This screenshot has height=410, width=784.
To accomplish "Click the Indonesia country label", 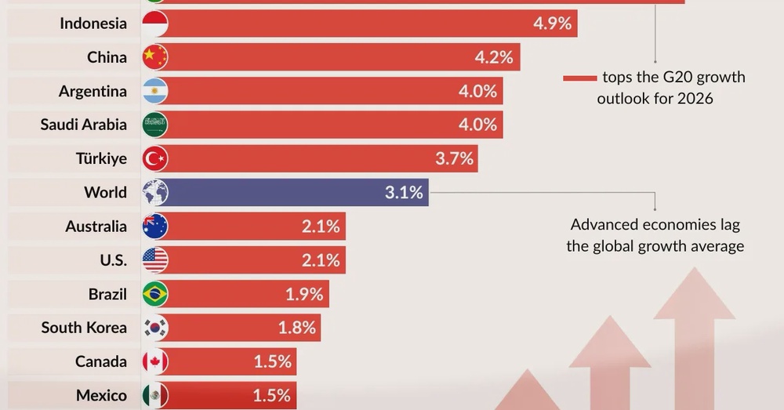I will click(x=93, y=24).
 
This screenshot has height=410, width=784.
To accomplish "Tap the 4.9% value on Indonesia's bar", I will click(x=552, y=24).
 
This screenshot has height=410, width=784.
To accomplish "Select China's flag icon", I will click(x=155, y=57).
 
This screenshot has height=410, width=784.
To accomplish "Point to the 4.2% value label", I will click(x=494, y=57).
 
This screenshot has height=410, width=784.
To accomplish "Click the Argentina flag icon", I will click(x=155, y=91).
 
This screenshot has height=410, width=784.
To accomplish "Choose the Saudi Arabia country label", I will click(x=83, y=125).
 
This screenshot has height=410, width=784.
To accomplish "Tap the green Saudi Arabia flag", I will click(x=155, y=125).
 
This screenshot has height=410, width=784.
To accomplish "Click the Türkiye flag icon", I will click(x=155, y=158).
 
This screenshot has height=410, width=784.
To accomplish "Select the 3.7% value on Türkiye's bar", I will click(x=454, y=158).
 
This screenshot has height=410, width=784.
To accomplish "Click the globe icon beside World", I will click(x=155, y=192).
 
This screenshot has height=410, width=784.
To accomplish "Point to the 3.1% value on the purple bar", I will click(x=404, y=192).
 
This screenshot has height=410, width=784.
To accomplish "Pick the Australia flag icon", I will click(x=155, y=227).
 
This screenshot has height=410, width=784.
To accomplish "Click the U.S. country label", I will click(x=108, y=260).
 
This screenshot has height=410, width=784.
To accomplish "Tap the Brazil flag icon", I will click(x=155, y=294).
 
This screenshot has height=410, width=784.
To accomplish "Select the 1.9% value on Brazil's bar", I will click(x=304, y=294).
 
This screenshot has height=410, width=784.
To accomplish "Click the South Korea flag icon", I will click(x=155, y=328).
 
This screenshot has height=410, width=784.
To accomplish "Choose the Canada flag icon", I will click(x=155, y=361).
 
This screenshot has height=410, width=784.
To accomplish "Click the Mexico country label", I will click(x=101, y=396).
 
